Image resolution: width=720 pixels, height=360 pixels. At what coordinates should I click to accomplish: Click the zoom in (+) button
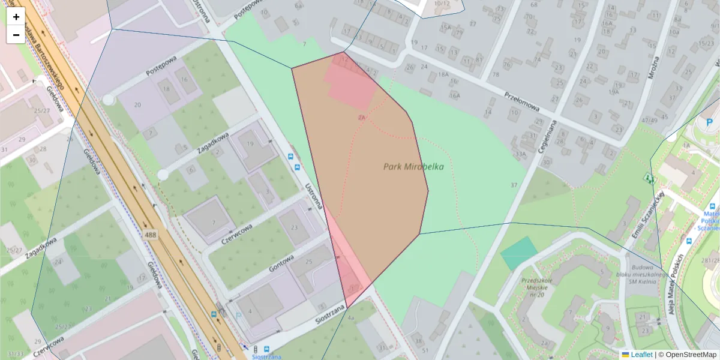pyautogui.click(x=16, y=17)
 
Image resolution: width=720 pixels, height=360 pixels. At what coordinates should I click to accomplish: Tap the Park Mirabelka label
pyautogui.click(x=413, y=167)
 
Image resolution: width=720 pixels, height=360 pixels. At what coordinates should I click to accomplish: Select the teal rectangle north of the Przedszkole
pyautogui.click(x=518, y=253)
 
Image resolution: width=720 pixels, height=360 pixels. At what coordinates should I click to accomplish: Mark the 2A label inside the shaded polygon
pyautogui.click(x=361, y=118)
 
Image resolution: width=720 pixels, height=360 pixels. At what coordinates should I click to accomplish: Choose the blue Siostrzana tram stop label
pyautogui.click(x=267, y=355)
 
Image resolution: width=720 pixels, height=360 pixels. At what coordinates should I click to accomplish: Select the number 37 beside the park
pyautogui.click(x=514, y=185)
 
